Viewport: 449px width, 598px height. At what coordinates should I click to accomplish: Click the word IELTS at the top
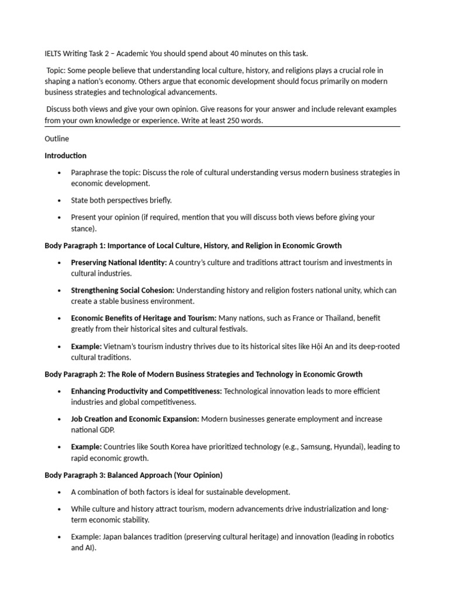pyautogui.click(x=54, y=54)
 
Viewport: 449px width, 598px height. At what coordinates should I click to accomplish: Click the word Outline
pyautogui.click(x=57, y=139)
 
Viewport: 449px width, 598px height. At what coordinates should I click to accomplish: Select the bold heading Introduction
pyautogui.click(x=65, y=156)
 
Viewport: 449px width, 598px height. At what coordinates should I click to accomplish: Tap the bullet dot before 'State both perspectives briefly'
pyautogui.click(x=59, y=200)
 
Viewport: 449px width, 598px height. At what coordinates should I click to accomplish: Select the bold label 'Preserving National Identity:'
pyautogui.click(x=119, y=263)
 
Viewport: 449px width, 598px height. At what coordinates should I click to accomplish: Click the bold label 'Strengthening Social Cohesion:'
pyautogui.click(x=123, y=290)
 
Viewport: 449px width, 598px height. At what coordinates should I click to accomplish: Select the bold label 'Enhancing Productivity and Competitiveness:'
pyautogui.click(x=146, y=391)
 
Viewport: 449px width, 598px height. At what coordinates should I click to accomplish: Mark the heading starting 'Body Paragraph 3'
pyautogui.click(x=133, y=475)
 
